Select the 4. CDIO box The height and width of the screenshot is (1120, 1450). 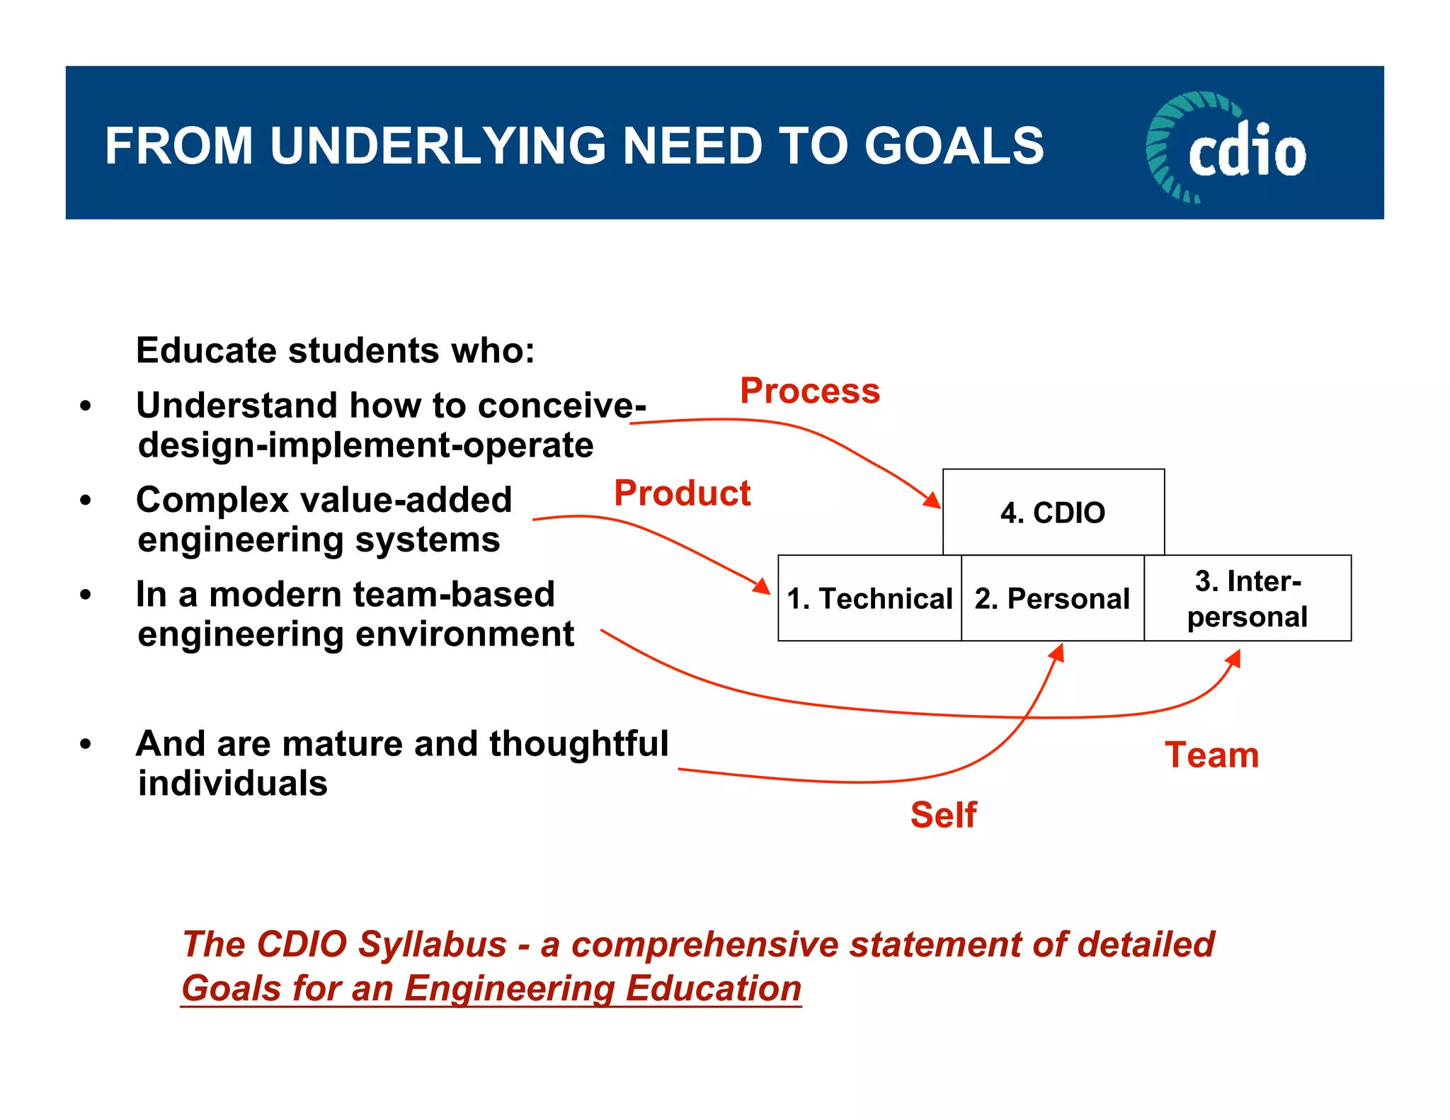coord(1053,512)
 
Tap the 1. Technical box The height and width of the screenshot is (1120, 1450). coord(869,598)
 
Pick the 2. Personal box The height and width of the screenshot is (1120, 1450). coord(1052,598)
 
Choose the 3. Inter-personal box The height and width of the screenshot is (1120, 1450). coord(1248,598)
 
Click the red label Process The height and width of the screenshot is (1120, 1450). coord(809,391)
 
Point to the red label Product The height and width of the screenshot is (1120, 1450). coord(682,493)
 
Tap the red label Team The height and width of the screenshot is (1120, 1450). coord(1211,755)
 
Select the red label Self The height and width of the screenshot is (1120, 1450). coord(943,814)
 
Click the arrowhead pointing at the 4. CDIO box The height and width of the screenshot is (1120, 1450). coord(932,500)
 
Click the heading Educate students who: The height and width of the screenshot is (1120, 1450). coord(335,350)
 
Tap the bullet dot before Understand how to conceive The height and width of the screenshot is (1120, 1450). coord(86,406)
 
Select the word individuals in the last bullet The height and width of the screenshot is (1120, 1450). coord(232,783)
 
